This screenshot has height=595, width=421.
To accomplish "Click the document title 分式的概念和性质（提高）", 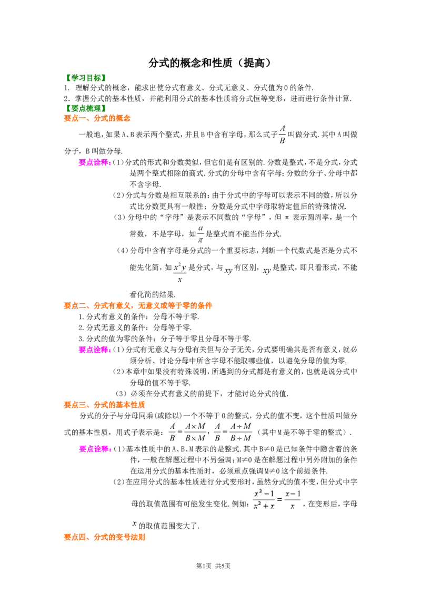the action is click(210, 63).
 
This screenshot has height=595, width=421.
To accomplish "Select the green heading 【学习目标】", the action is click(85, 78).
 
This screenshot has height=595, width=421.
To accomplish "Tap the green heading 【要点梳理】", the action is click(85, 108).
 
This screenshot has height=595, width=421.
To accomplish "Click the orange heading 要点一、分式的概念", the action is click(97, 118).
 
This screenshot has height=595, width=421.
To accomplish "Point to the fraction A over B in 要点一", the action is click(282, 135).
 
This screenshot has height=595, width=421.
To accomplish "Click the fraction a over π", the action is click(201, 234).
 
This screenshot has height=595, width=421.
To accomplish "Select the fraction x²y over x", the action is click(180, 273).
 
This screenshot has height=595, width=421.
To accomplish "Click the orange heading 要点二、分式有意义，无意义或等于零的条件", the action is click(138, 305).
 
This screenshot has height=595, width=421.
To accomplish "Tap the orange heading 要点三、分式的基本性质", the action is click(104, 405).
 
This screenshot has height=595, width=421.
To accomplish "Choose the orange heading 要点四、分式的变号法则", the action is click(104, 537).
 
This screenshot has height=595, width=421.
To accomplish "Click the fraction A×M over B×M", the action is click(195, 432).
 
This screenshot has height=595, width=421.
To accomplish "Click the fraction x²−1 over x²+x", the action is click(264, 499).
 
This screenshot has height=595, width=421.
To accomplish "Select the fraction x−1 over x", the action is click(293, 499).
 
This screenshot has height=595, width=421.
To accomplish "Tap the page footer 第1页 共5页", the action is click(213, 566).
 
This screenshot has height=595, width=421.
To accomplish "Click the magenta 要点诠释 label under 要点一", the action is click(95, 162).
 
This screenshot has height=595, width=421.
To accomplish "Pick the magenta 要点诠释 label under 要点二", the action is click(95, 350).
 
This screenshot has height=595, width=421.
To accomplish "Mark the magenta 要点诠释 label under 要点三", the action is click(95, 449).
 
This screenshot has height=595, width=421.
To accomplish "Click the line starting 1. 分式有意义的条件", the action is click(139, 316).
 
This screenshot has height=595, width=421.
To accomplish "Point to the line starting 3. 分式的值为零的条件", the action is click(165, 338).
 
